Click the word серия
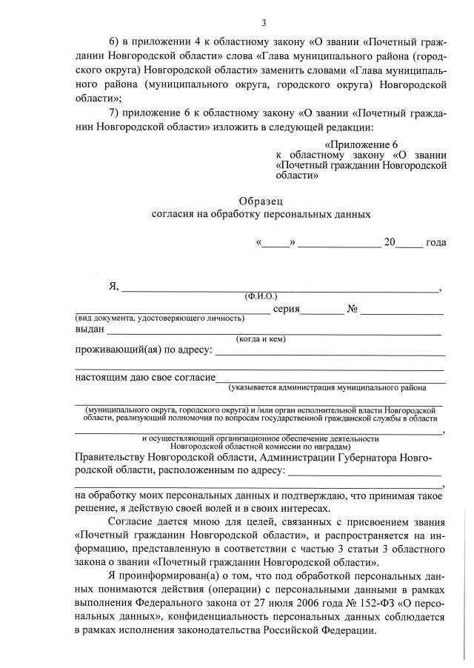click(x=286, y=309)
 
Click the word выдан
click(x=90, y=330)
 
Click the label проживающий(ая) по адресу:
click(x=144, y=350)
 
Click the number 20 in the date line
click(x=390, y=242)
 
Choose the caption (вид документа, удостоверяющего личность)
click(x=160, y=318)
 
